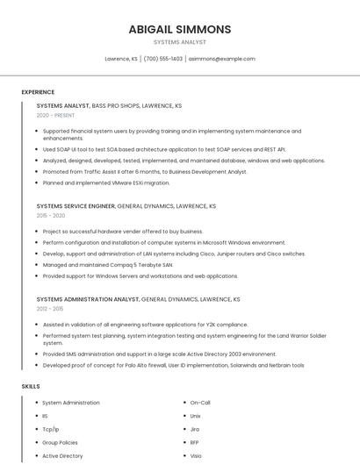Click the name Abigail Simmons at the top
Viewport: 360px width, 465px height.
coord(179,29)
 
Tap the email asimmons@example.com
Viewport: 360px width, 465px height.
coord(221,59)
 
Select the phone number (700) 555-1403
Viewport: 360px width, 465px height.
coord(162,59)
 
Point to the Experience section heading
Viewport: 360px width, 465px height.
coord(38,92)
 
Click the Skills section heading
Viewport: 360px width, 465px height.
coord(31,386)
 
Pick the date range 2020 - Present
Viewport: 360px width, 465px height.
coord(55,115)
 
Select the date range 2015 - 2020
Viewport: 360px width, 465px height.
coord(51,215)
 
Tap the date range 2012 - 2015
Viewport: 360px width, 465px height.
coord(50,309)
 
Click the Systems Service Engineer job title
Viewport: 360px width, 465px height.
coord(76,205)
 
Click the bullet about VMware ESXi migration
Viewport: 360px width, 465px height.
coord(106,182)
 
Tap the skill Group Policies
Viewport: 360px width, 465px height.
coord(60,442)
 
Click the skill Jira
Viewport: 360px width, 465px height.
coord(195,429)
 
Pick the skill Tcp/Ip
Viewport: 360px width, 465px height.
coord(51,429)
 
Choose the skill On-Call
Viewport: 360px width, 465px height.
coord(200,403)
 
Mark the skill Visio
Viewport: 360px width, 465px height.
coord(196,455)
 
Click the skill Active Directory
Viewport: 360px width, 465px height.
coord(62,455)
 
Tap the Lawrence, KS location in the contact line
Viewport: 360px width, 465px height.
coord(121,59)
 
